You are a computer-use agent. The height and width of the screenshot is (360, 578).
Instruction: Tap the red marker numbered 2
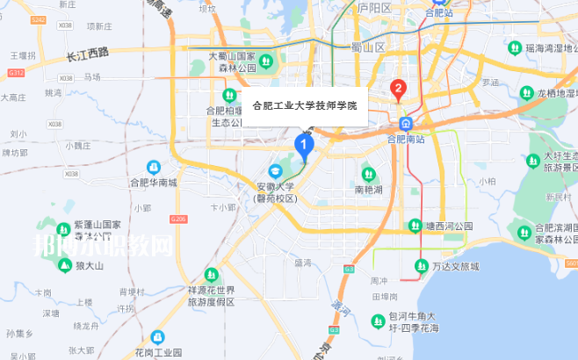(397, 90)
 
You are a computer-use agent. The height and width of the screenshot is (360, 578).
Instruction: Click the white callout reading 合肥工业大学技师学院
(305, 105)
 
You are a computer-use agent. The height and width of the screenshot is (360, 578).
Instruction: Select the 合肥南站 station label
(406, 139)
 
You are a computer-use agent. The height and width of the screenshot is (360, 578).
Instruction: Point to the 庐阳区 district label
(373, 8)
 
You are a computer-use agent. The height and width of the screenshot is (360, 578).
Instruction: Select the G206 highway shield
(179, 218)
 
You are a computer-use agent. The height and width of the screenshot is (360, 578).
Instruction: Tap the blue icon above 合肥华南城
(154, 167)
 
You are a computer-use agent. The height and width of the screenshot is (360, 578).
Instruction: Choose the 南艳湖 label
(370, 189)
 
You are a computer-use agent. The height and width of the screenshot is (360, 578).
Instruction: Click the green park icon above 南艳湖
(370, 174)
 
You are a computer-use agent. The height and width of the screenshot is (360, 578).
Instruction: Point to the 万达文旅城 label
(456, 266)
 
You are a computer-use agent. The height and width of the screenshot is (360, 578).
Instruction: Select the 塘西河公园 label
(449, 226)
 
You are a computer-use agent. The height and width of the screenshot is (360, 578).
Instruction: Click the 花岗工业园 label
(158, 351)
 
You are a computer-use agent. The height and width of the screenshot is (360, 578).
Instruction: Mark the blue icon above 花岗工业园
(158, 336)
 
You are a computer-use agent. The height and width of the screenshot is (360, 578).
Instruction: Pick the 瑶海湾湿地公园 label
(549, 48)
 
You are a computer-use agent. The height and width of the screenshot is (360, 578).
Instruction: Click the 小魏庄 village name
(77, 146)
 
